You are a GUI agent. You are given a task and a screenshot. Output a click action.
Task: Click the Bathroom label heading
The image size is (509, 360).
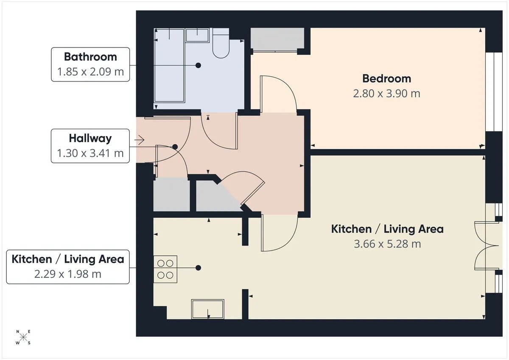[90, 57]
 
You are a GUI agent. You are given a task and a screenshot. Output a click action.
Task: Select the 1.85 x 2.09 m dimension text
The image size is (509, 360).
[90, 72]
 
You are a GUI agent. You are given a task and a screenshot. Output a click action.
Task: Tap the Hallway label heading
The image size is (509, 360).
[90, 139]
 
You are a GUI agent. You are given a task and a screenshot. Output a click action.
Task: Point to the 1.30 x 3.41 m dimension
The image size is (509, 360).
[90, 153]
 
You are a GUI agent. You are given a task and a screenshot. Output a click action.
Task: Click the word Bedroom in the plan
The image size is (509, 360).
[386, 79]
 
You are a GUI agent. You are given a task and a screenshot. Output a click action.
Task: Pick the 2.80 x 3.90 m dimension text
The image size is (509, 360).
[386, 94]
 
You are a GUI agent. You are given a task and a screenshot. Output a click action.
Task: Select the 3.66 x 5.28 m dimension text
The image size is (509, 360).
[387, 244]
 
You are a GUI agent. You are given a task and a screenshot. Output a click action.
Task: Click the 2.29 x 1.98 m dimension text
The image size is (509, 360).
[68, 274]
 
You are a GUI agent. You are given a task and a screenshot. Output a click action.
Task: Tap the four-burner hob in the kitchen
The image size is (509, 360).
[165, 269]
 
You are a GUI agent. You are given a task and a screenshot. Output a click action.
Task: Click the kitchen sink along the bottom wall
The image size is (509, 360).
[208, 309]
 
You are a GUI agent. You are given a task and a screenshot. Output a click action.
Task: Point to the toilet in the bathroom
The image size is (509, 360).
[221, 43]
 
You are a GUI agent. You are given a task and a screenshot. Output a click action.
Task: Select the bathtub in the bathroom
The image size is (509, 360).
[169, 65]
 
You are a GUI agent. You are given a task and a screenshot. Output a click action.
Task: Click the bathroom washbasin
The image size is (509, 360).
[197, 35]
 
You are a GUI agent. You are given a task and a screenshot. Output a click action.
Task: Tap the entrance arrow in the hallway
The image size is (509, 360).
[139, 140]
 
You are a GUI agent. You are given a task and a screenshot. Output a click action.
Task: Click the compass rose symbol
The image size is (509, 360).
[23, 337]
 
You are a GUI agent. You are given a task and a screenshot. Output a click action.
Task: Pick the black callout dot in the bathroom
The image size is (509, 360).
[198, 65]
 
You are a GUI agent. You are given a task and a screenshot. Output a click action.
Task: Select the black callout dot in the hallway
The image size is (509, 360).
[175, 147]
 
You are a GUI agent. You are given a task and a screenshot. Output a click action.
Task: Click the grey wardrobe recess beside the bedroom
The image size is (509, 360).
[277, 38]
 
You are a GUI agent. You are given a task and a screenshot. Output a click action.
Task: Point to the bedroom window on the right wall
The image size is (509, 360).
[494, 92]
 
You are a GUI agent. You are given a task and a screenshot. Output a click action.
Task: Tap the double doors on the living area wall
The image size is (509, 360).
[489, 246]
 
